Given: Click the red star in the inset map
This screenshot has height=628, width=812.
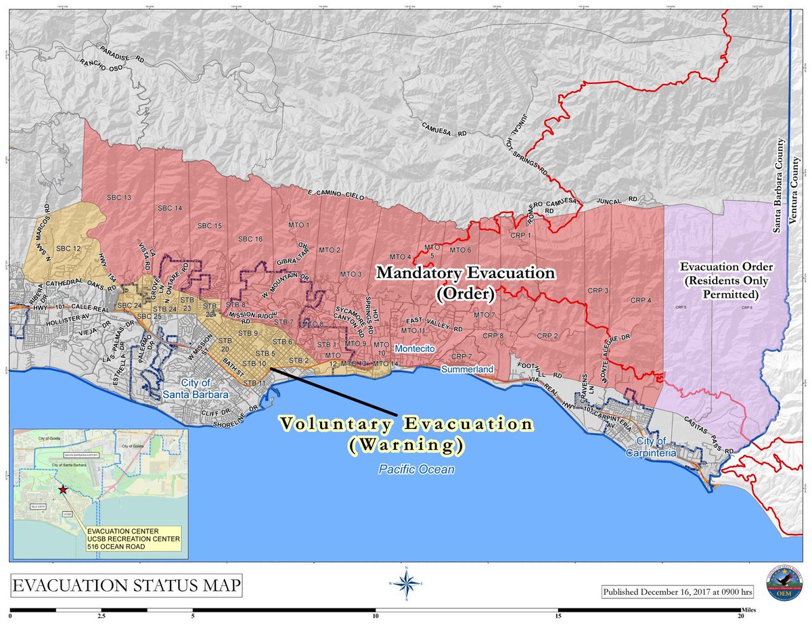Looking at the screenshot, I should [63, 489].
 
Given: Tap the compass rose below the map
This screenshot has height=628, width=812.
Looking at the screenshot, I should [406, 583].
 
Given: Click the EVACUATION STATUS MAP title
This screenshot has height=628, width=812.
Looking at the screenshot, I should [127, 585].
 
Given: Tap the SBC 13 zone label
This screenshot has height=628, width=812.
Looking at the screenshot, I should [118, 198].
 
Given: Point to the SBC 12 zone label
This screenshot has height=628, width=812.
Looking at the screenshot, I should [68, 249].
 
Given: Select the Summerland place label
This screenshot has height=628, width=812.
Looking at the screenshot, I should [468, 369].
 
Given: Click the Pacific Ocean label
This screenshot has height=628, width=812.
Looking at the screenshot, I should [407, 469].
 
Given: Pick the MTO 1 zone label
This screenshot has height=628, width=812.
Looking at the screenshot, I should [298, 225].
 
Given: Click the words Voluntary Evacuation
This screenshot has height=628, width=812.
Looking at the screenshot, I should [406, 424].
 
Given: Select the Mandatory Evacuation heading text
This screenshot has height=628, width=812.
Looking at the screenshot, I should [466, 273].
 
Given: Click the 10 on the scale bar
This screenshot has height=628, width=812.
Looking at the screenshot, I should [376, 617].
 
